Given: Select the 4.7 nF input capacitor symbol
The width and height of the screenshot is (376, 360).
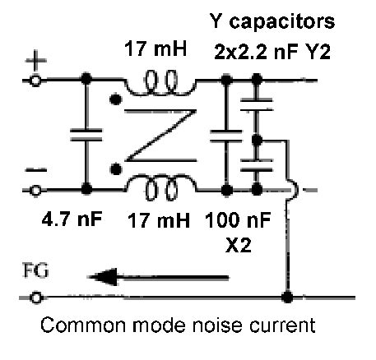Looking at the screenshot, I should coord(85,135).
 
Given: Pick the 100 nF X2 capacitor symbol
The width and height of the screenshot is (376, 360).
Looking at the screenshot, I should coord(224,135).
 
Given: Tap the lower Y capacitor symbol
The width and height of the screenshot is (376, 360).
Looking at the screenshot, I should coord(257,163).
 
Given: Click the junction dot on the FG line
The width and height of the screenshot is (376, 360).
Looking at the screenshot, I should coord(287,296).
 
